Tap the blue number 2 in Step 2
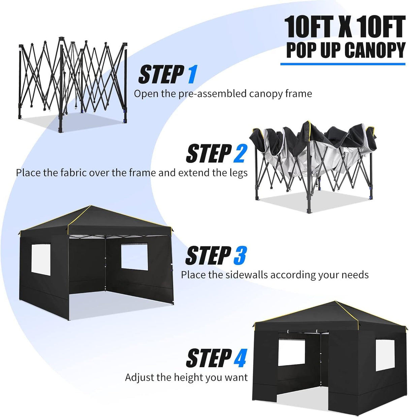pos(240,154)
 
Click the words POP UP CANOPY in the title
pos(345,50)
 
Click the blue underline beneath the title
pos(342,64)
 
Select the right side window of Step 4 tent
pos(385,355)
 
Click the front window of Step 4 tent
pos(291,353)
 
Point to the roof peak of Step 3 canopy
pos(91,206)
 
